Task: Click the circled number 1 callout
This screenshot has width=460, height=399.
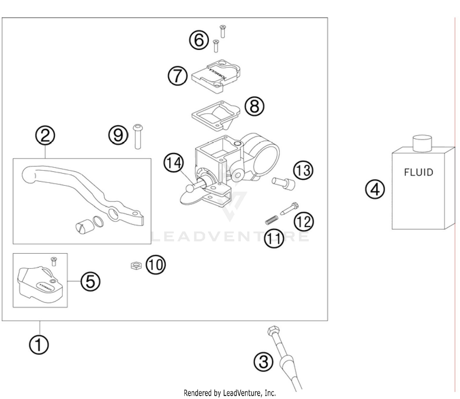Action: pos(39,345)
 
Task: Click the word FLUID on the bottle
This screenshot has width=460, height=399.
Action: pos(418,172)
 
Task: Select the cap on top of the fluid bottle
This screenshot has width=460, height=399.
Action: pos(422,144)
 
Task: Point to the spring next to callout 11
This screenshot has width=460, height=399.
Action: pos(271,220)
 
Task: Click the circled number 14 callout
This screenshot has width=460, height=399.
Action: pos(174,163)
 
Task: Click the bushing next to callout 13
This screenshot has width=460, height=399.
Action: pos(284,183)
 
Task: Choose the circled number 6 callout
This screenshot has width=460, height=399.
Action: pos(199,40)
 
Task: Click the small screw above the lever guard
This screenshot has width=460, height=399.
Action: pos(54,261)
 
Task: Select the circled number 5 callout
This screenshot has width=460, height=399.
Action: pos(90,281)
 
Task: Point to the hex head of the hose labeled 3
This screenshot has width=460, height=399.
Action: pos(273,331)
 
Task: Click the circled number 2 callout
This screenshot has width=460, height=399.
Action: pos(45,135)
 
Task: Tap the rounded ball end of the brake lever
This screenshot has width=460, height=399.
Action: pos(28,176)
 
